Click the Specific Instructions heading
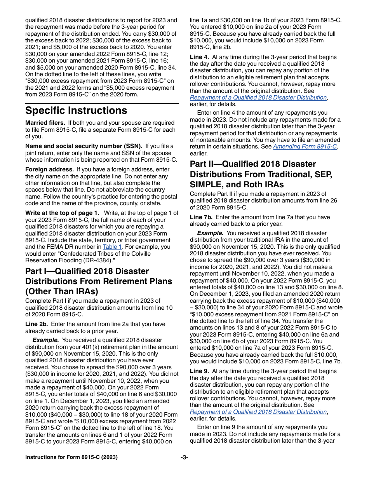pyautogui.click(x=76, y=111)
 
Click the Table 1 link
pyautogui.click(x=112, y=247)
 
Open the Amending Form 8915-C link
pyautogui.click(x=305, y=147)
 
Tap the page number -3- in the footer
pyautogui.click(x=184, y=457)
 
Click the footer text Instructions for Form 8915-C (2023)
pyautogui.click(x=71, y=457)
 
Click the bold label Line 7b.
pyautogui.click(x=201, y=217)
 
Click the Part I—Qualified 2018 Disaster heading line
pyautogui.click(x=87, y=271)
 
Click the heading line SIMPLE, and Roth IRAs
pyautogui.click(x=237, y=184)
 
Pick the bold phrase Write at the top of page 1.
pyautogui.click(x=62, y=213)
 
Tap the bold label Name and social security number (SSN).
pyautogui.click(x=84, y=146)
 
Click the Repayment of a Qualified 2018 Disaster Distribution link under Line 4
pyautogui.click(x=258, y=98)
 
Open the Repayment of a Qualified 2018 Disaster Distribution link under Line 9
pyautogui.click(x=258, y=412)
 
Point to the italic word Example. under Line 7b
pyautogui.click(x=210, y=233)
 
